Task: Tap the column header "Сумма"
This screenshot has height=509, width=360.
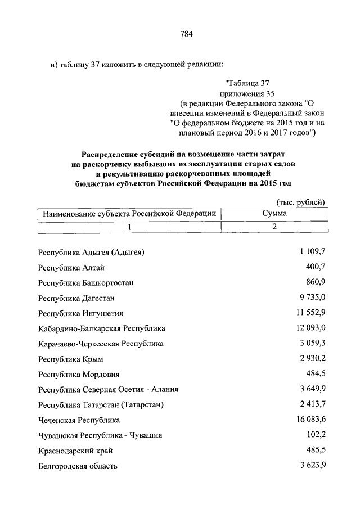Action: pyautogui.click(x=274, y=214)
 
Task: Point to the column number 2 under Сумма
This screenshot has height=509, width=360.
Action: pyautogui.click(x=274, y=227)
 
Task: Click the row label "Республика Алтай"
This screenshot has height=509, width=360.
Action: pyautogui.click(x=71, y=268)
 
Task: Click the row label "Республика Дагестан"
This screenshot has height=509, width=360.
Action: pyautogui.click(x=78, y=298)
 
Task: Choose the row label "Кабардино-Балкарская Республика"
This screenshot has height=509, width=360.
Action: pyautogui.click(x=101, y=328)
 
